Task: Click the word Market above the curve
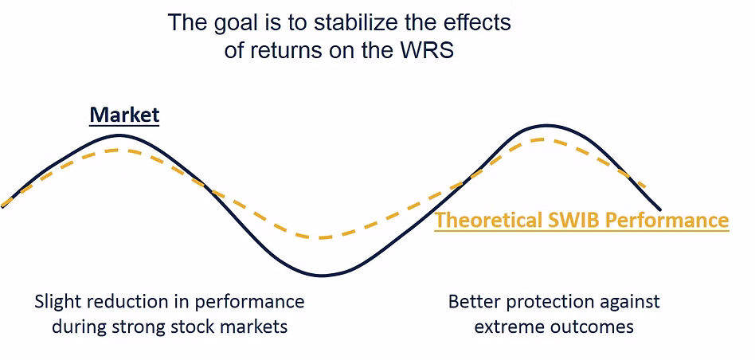click(x=124, y=115)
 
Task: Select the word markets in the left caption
click(x=252, y=327)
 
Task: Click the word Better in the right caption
click(x=474, y=303)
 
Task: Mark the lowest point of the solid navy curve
click(x=323, y=276)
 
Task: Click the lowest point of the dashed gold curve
click(x=321, y=237)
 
